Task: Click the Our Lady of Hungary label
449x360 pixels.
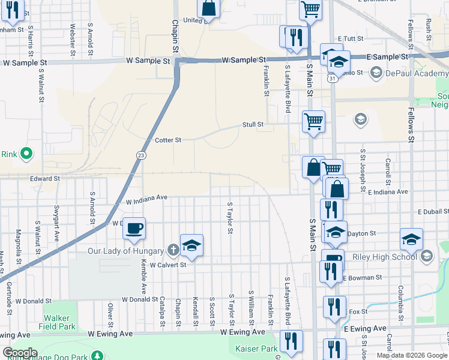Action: [125, 251]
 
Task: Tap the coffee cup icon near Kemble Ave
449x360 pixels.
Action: [135, 228]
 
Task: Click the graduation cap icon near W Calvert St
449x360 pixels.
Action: [191, 245]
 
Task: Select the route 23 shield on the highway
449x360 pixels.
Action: [139, 155]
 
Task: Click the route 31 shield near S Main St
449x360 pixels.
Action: [331, 79]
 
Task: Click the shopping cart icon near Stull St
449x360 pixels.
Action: [314, 121]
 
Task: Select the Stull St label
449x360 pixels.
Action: [253, 125]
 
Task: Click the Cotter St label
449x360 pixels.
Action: [168, 140]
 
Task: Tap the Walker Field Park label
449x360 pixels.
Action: [59, 323]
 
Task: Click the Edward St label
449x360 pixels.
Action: [45, 178]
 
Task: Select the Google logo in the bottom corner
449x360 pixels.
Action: [19, 353]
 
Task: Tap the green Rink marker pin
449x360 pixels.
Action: [26, 154]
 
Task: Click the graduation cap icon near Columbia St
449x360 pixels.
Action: [412, 239]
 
